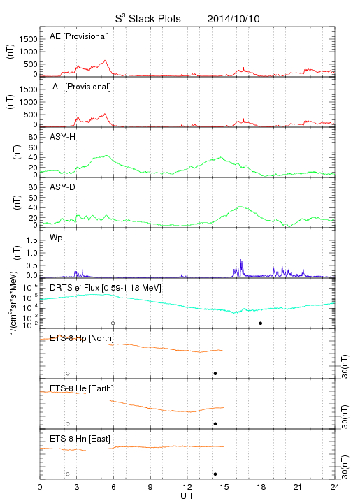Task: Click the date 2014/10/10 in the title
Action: tap(233, 19)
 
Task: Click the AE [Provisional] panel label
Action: tap(79, 36)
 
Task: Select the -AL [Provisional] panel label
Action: tap(80, 87)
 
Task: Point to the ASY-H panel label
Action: tap(62, 137)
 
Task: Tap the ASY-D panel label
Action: tap(62, 187)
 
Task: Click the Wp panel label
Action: tap(56, 238)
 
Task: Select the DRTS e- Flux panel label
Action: tap(106, 288)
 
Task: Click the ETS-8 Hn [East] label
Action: tap(80, 439)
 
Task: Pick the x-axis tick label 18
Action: tap(261, 487)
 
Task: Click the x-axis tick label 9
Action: tap(150, 487)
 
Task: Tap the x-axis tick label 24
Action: tap(335, 487)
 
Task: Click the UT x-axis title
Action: tap(187, 496)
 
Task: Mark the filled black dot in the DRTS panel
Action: tap(261, 323)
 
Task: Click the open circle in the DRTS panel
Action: tap(113, 323)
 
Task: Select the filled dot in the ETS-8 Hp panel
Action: tap(215, 373)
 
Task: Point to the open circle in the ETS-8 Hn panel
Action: tap(68, 474)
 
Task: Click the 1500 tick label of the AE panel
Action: tap(28, 39)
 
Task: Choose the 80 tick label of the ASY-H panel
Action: tap(33, 137)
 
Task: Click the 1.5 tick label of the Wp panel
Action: tap(31, 240)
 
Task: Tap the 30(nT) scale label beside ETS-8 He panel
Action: tap(345, 416)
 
